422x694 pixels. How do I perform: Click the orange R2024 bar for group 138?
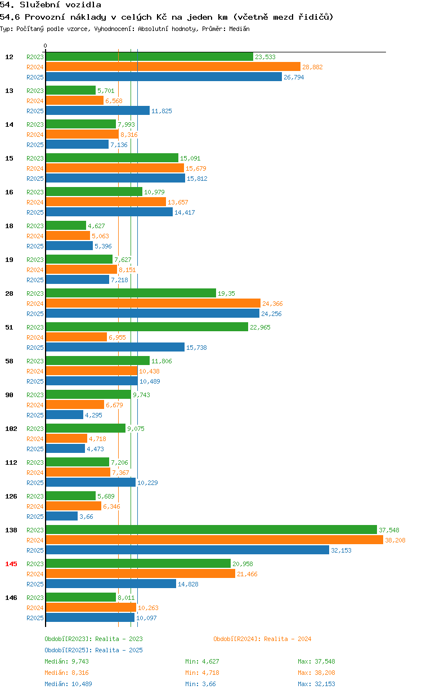(214, 540)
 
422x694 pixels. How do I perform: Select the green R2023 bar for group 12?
(150, 57)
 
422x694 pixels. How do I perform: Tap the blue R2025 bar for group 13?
(98, 110)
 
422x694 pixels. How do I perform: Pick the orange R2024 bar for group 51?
(77, 337)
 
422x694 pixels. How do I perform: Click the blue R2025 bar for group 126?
(61, 516)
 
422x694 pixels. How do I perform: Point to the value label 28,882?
(312, 67)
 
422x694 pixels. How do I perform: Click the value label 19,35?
(226, 293)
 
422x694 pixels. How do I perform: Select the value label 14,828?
(188, 584)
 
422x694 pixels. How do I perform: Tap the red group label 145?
(11, 564)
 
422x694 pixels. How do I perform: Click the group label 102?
(11, 429)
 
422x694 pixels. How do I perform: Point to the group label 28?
(9, 293)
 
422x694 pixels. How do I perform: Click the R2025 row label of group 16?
(35, 212)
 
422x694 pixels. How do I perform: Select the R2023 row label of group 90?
(35, 395)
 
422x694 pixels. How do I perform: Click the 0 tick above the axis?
(45, 46)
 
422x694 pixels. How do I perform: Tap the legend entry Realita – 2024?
(262, 639)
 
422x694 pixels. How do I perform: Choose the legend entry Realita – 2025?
(94, 650)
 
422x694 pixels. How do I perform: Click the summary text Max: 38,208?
(316, 673)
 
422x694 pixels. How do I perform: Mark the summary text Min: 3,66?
(200, 684)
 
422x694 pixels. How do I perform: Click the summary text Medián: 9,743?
(66, 661)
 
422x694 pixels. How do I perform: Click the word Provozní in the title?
(45, 17)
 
